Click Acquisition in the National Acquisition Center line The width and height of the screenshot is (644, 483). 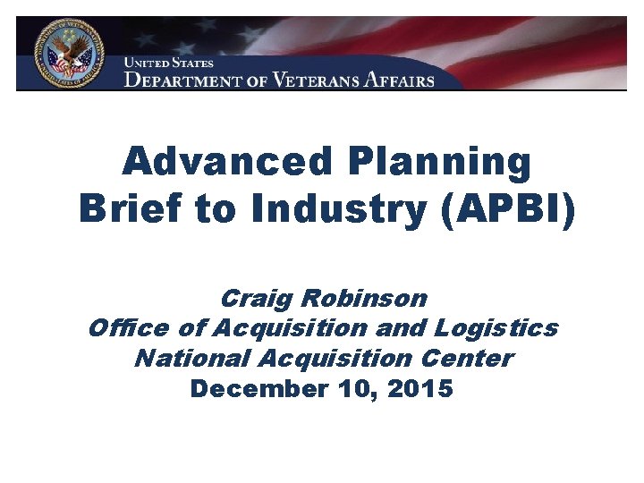(x=335, y=359)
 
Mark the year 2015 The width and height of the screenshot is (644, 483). (x=419, y=389)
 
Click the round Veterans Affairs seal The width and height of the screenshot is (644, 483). (x=69, y=52)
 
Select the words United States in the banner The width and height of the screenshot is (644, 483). (x=169, y=64)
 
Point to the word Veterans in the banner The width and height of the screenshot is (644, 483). (x=313, y=80)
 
